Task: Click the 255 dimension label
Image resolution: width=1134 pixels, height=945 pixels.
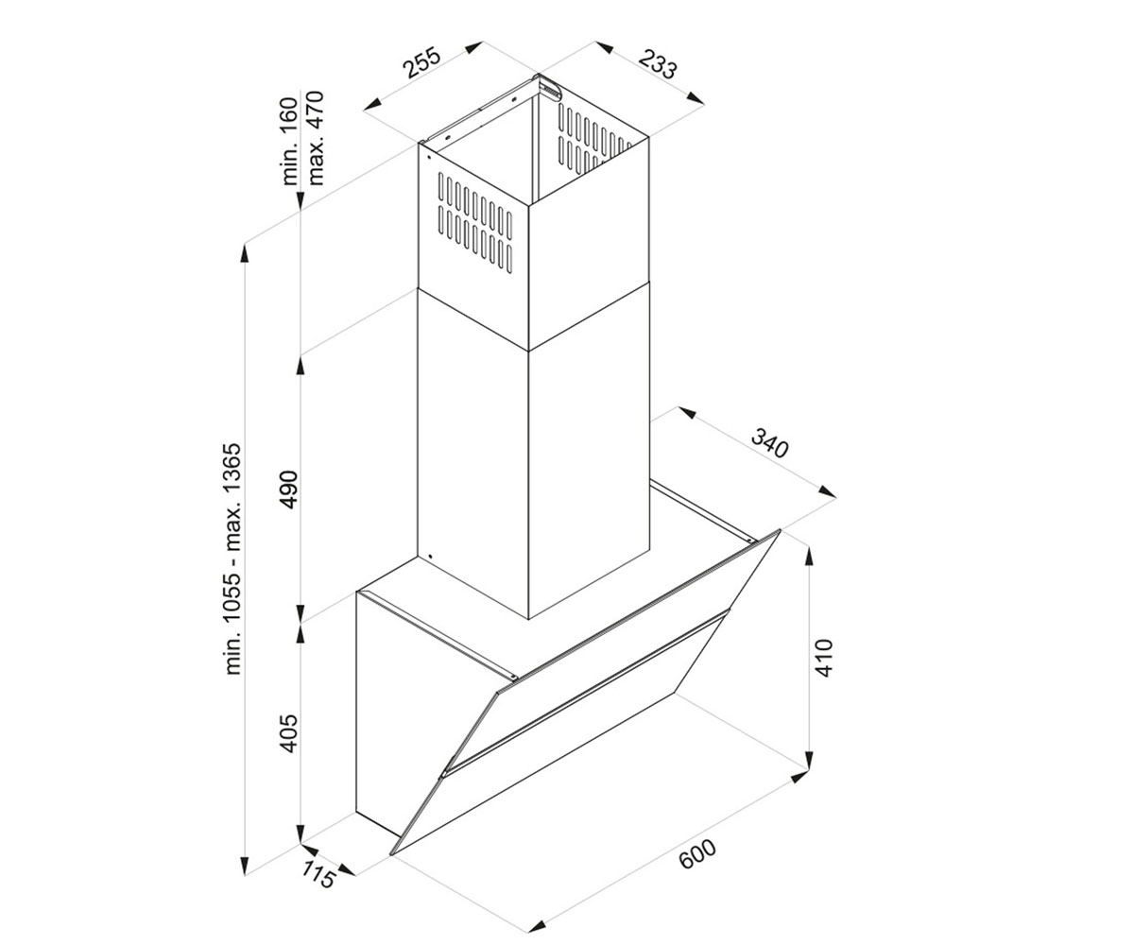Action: pos(421,63)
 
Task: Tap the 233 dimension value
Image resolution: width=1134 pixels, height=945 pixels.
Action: pos(659,63)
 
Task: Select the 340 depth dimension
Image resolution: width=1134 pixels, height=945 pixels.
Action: pos(769,442)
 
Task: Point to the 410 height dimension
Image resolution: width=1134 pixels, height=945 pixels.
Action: pos(824,658)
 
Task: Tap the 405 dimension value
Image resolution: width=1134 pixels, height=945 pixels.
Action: pos(288,732)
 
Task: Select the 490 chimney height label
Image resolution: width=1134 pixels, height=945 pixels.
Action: pos(288,490)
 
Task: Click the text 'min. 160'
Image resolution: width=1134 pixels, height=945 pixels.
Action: pos(289,141)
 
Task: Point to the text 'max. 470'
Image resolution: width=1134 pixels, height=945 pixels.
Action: pos(315,138)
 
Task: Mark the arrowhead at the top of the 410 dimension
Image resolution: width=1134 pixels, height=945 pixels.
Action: pos(810,557)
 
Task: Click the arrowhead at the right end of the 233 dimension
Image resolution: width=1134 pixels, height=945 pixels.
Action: pos(696,98)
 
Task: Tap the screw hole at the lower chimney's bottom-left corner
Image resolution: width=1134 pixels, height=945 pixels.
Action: pos(430,557)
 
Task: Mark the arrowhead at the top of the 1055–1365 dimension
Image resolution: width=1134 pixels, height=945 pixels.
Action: pos(245,254)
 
